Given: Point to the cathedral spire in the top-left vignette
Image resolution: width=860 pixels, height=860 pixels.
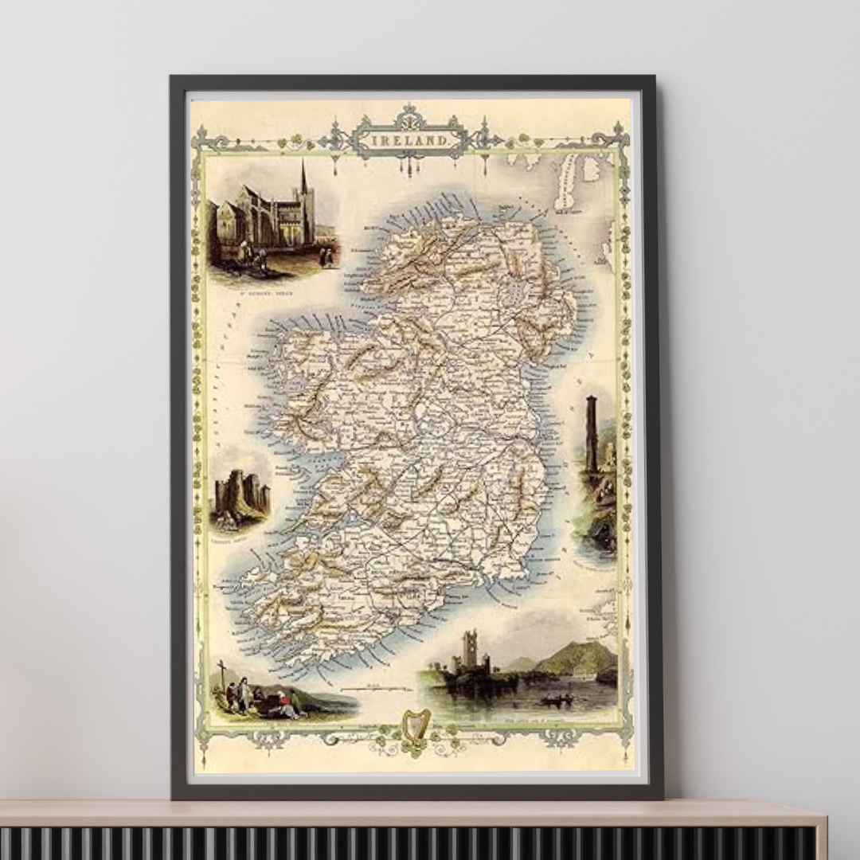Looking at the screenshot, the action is click(x=303, y=179).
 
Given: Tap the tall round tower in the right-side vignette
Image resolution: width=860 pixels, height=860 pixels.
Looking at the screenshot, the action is click(x=592, y=434).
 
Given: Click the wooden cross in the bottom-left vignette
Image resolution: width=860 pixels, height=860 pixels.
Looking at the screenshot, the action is click(x=221, y=670).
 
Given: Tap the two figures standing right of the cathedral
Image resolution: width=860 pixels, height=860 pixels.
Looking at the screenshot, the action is click(x=325, y=256).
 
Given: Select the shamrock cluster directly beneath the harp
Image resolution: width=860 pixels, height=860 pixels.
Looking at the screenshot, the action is click(x=413, y=749).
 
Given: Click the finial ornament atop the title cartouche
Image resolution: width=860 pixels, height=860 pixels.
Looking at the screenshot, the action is click(x=409, y=111).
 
